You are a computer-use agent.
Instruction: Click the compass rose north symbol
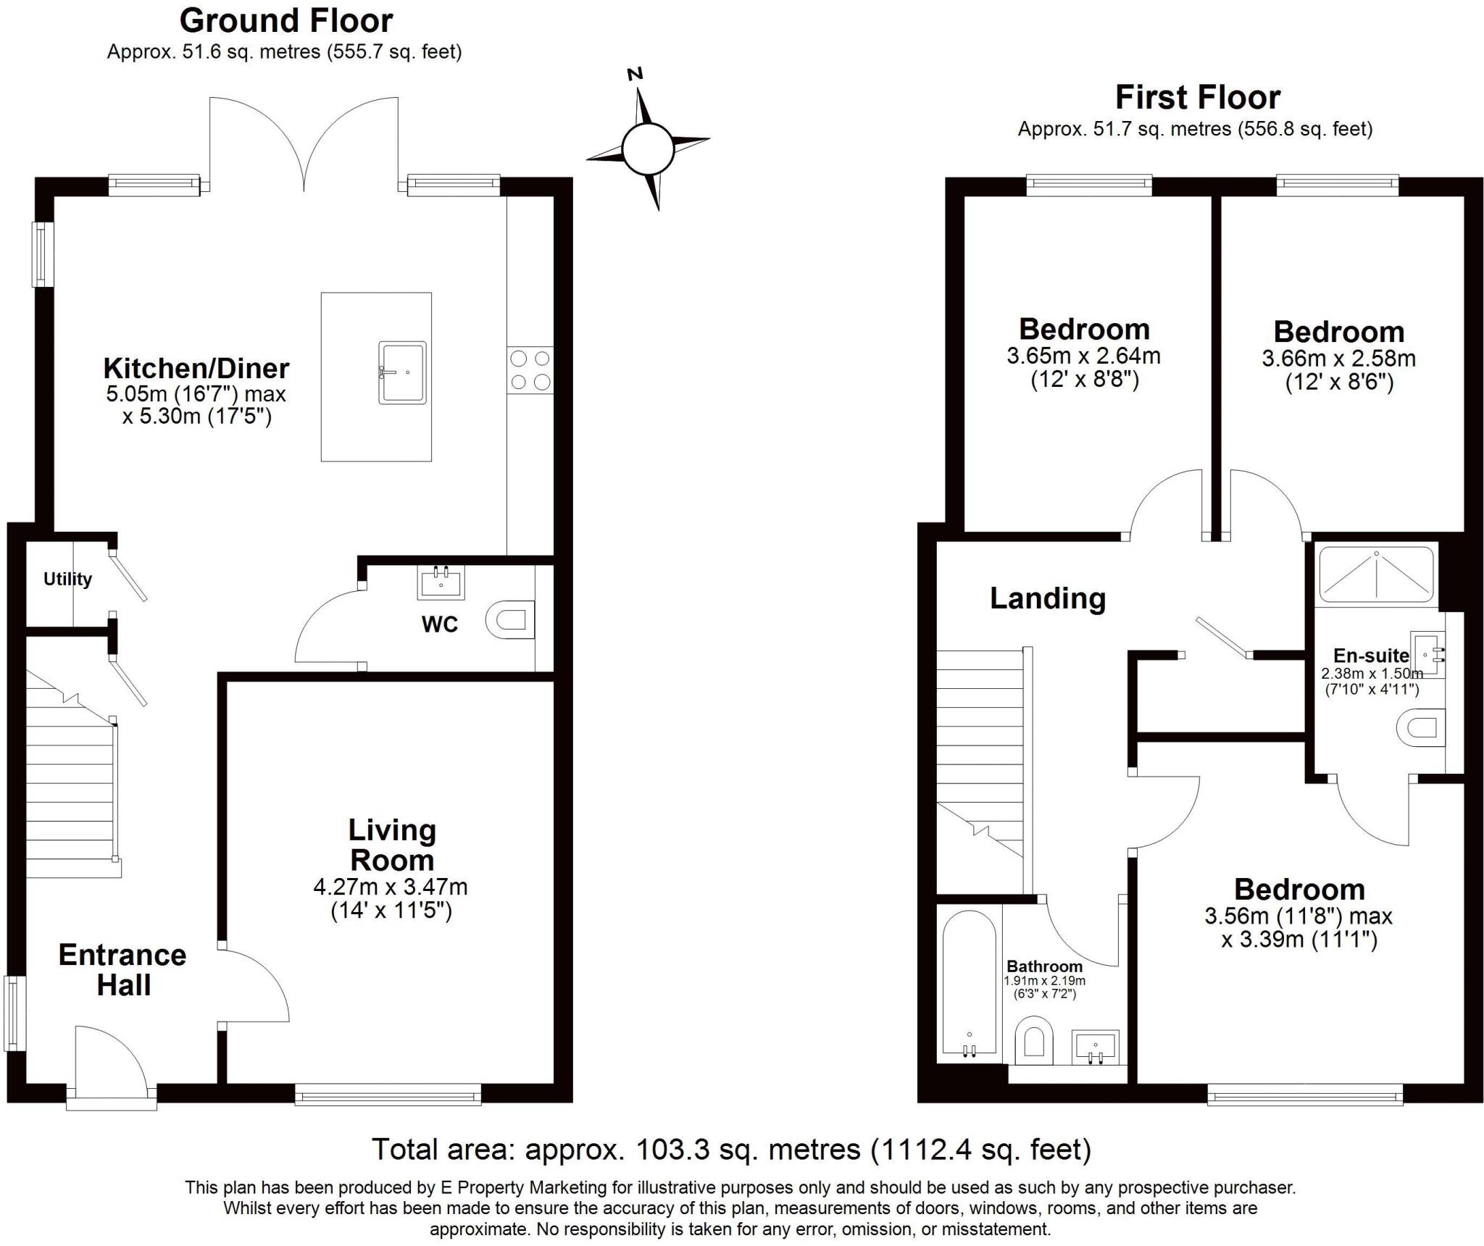coord(635,74)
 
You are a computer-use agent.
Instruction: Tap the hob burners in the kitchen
coord(530,370)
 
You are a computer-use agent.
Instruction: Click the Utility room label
coord(67,579)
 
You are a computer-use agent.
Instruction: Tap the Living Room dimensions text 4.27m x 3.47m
coord(391,887)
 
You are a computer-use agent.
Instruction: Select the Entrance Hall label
coord(122,970)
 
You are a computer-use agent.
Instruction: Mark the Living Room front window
coord(388,1094)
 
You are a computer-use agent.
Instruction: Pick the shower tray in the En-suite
coord(1376,575)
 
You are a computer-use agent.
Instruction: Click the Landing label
coord(1048,598)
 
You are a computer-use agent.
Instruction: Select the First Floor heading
coord(1198,97)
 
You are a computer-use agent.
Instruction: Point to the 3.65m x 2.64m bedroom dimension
coord(1083,356)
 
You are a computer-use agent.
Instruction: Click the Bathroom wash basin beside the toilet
coord(1095,1048)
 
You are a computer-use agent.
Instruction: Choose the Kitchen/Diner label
coord(196,368)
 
